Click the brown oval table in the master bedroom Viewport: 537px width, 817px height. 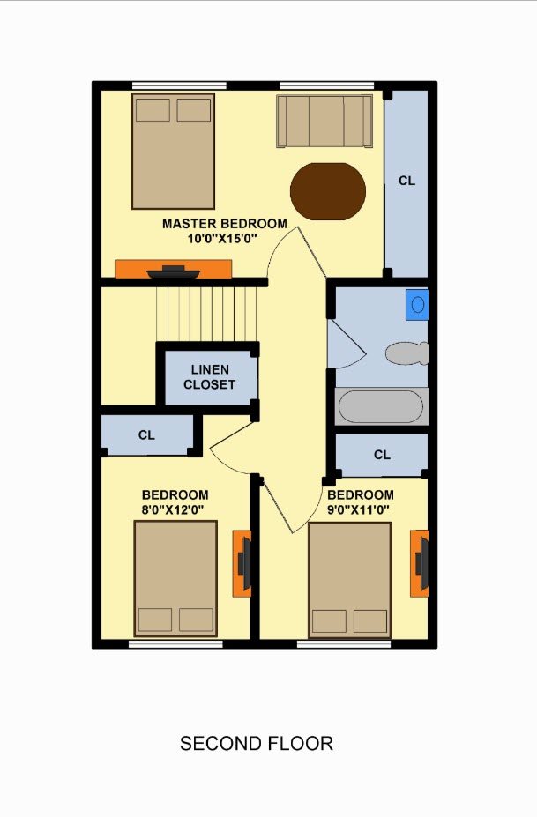tap(328, 191)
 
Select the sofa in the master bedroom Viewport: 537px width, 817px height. tap(324, 121)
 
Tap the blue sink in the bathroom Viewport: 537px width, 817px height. tap(417, 305)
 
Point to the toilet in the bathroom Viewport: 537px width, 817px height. tap(407, 353)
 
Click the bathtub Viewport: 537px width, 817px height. tap(381, 406)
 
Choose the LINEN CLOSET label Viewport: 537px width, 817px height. tap(210, 377)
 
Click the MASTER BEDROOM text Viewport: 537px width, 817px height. tap(225, 224)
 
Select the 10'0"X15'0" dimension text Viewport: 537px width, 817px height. tap(223, 239)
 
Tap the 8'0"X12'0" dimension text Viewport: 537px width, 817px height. tap(173, 509)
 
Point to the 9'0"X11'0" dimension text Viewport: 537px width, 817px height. tap(359, 509)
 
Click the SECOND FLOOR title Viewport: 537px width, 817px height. tap(257, 744)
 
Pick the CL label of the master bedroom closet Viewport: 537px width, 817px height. tap(406, 181)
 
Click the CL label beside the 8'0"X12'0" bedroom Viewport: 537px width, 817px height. tap(146, 434)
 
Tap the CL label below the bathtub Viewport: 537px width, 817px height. tap(382, 455)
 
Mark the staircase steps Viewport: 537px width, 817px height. tap(206, 314)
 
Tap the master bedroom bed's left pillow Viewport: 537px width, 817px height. tap(153, 110)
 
